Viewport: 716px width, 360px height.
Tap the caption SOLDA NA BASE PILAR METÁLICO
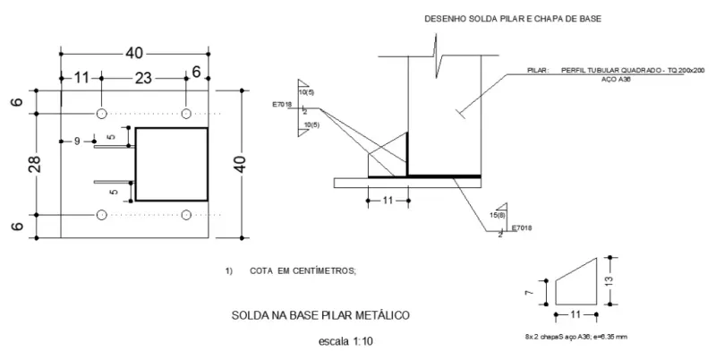coord(320,315)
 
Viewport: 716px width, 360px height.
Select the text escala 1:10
coord(346,341)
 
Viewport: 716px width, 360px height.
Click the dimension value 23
coord(143,78)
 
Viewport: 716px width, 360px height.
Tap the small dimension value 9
coord(77,141)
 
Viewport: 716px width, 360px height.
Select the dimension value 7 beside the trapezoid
coord(529,291)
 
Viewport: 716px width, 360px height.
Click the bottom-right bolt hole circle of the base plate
coord(186,215)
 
